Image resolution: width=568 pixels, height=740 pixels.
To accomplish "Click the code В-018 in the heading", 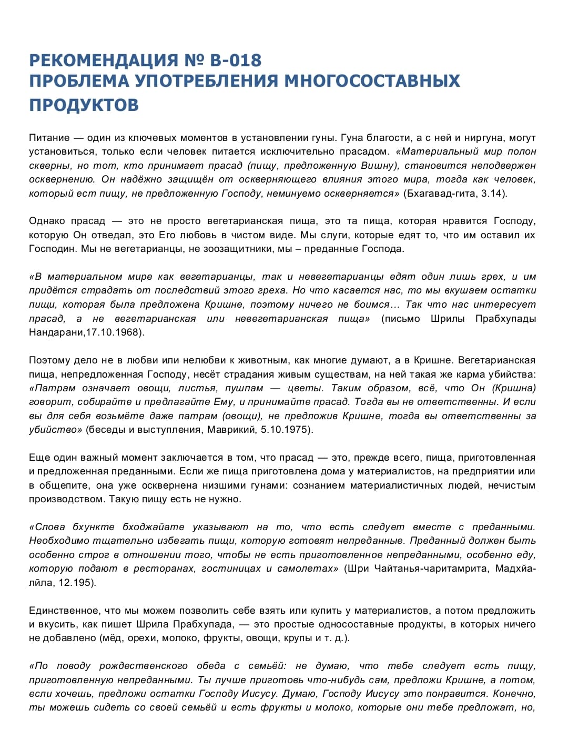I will (235, 60).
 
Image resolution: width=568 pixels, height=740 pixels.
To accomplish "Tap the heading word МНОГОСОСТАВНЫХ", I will (372, 81).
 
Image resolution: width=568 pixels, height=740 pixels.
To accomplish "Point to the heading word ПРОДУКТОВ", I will (84, 105).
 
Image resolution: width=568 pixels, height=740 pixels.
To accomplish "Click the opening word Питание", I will (49, 138).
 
